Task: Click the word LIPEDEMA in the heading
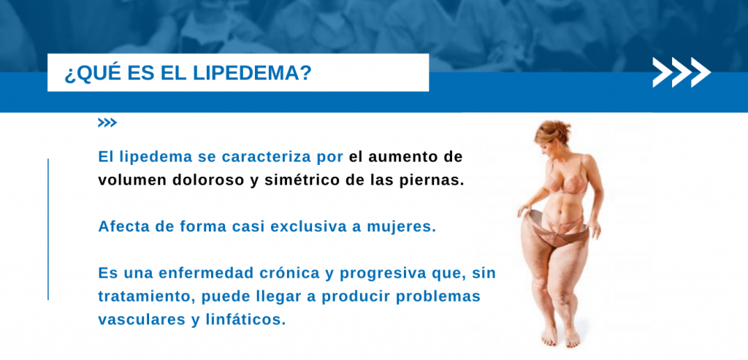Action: [x=252, y=74]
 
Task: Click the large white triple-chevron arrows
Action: [x=682, y=72]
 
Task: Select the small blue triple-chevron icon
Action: [x=107, y=123]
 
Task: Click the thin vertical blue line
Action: [x=48, y=229]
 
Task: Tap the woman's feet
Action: [x=560, y=337]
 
